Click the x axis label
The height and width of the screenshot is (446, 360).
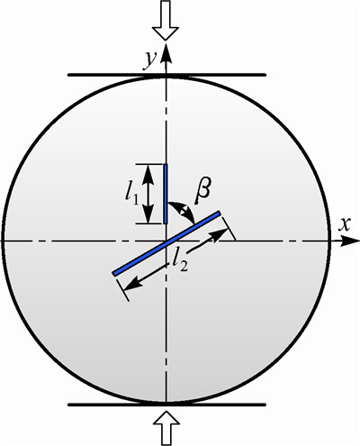click(345, 224)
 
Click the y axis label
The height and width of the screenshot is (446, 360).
click(150, 60)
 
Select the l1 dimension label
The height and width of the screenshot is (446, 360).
click(131, 195)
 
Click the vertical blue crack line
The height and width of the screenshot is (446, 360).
click(166, 194)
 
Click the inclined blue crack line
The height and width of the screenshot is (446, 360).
click(166, 243)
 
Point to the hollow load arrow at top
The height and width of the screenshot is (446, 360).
click(166, 20)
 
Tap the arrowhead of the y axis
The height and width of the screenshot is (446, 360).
click(166, 52)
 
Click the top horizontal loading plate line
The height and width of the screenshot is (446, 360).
click(166, 75)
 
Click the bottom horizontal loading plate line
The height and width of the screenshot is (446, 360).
click(166, 405)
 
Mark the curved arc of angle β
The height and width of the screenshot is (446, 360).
click(186, 209)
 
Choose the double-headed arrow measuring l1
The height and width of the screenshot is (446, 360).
click(148, 194)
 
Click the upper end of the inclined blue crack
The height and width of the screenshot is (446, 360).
click(220, 213)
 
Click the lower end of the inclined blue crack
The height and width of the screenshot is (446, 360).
click(113, 274)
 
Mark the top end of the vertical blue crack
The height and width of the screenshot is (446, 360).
click(166, 164)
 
